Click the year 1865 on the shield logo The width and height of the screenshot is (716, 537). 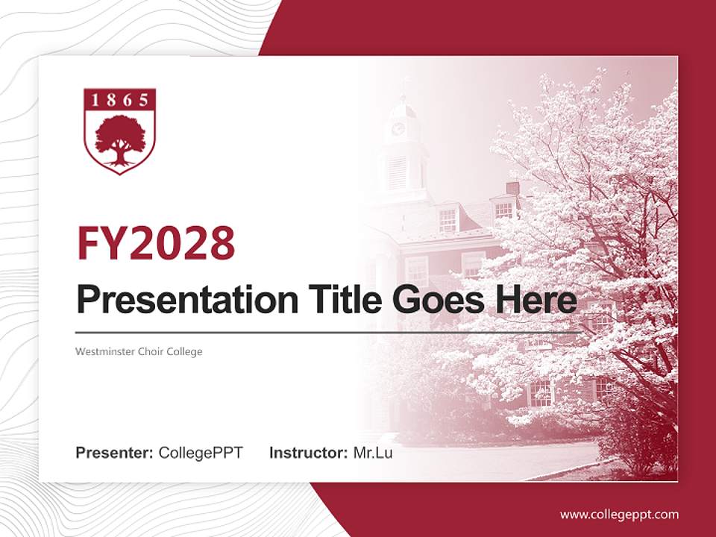(119, 100)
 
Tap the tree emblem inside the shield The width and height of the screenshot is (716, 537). (119, 139)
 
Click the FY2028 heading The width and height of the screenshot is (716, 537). (156, 243)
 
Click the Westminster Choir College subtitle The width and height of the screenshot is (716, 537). (139, 351)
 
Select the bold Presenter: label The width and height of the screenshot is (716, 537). (115, 453)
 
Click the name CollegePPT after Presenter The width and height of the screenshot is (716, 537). (201, 453)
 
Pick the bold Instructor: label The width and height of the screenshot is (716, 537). (308, 453)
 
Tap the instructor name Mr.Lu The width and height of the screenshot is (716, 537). (373, 453)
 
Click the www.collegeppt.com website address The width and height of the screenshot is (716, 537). (619, 514)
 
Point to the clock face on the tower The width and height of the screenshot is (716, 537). (398, 128)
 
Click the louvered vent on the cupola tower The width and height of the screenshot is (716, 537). (398, 172)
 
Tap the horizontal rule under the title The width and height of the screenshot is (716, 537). (328, 332)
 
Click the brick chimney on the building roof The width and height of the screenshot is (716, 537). (512, 188)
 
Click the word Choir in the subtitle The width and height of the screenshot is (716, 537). (154, 351)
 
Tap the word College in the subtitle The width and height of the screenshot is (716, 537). (186, 351)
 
